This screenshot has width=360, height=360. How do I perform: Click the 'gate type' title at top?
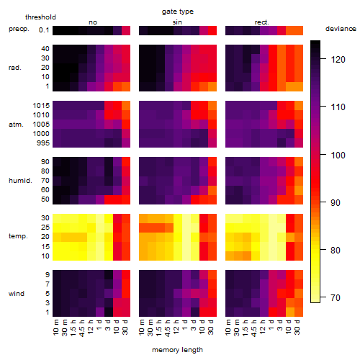point(178,12)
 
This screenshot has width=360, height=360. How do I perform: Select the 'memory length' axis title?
point(177,350)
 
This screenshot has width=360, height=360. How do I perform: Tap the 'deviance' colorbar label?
point(341,29)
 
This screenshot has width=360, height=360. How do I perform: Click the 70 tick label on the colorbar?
point(336,298)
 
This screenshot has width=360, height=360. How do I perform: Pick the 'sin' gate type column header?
point(177,22)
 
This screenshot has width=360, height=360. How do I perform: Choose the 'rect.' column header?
point(262,22)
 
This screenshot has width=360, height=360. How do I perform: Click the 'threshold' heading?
point(40,17)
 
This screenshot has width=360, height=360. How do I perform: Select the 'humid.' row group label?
point(20,181)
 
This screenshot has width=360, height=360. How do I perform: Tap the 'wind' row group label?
point(17,294)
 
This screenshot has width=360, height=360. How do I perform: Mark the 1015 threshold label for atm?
point(41,105)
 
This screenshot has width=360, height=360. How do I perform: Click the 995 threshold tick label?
point(43,143)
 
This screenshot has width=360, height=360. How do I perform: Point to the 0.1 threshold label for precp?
point(44,30)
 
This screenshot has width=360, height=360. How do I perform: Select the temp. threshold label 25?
point(45,227)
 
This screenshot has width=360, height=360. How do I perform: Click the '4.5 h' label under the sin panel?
point(168,328)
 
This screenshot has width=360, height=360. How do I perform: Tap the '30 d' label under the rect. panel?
point(297,327)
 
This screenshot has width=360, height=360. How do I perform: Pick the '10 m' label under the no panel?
point(55,328)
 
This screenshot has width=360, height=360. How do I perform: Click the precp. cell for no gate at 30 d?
point(126,30)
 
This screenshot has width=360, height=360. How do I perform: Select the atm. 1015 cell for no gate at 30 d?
point(126,106)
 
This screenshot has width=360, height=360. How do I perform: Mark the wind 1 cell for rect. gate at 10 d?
point(290,312)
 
